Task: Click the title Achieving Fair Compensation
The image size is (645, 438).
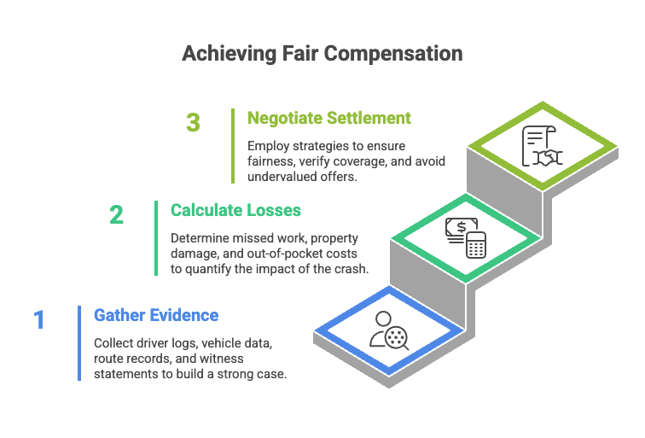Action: (322, 54)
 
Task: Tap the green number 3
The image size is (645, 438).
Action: (193, 123)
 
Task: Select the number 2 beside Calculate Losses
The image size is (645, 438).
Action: (116, 214)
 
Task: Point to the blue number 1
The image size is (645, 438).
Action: (39, 320)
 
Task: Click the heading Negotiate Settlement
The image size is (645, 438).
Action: (329, 118)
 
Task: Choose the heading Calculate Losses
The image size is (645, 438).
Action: (235, 209)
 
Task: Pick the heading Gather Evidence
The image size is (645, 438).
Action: (156, 315)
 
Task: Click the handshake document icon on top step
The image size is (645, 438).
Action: (542, 146)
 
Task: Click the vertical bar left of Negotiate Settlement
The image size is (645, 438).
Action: (232, 145)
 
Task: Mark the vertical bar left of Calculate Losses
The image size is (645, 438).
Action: (156, 237)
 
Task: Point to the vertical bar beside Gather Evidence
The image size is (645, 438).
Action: (79, 342)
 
